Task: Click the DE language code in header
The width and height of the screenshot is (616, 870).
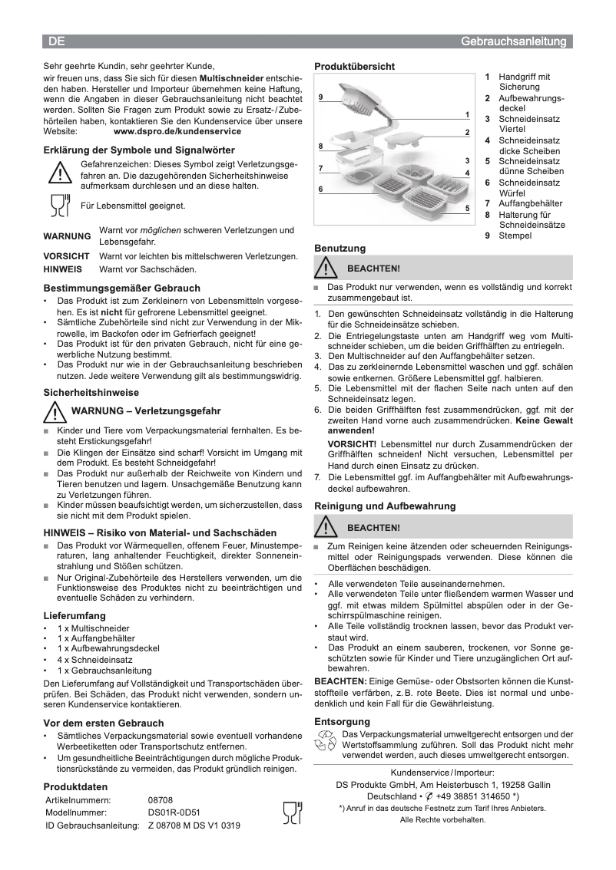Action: click(x=55, y=41)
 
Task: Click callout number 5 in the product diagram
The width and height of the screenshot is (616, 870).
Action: click(x=467, y=208)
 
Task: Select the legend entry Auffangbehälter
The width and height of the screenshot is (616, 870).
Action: click(x=530, y=203)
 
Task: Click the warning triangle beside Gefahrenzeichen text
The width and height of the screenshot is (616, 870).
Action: click(x=58, y=174)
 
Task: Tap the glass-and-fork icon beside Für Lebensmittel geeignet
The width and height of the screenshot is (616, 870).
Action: click(x=59, y=206)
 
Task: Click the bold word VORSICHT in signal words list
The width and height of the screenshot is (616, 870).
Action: click(x=66, y=255)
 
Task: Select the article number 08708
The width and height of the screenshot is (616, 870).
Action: click(x=161, y=800)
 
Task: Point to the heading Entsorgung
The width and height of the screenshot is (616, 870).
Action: click(x=343, y=721)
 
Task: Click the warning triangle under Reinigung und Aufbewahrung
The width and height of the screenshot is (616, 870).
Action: click(x=326, y=527)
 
